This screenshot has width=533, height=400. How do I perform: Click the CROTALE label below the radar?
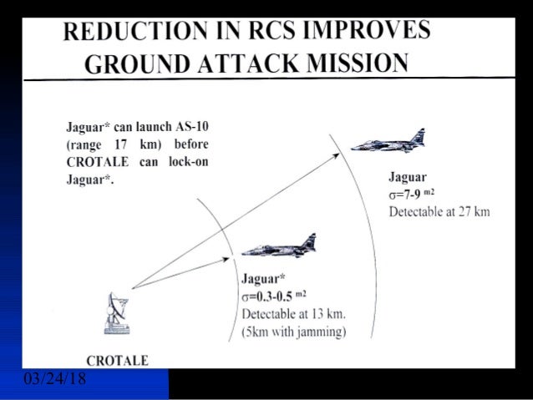(x=118, y=360)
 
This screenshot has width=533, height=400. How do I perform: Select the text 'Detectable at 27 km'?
(x=439, y=211)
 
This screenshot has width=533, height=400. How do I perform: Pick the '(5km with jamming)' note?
(x=293, y=331)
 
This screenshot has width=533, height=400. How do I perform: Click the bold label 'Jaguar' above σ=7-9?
(x=408, y=177)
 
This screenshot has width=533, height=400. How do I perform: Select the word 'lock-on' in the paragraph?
(x=187, y=161)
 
